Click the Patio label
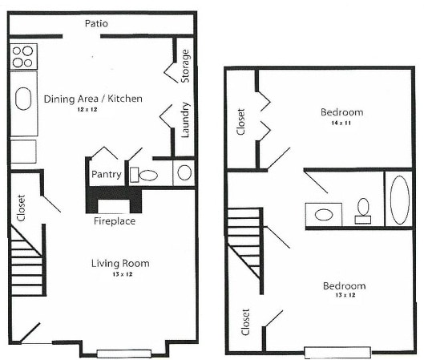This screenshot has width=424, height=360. (x=96, y=23)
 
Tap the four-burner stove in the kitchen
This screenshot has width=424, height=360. (x=22, y=55)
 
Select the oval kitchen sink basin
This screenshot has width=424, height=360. (x=22, y=100)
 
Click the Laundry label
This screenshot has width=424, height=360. (x=185, y=119)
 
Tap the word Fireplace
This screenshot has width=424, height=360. (x=114, y=220)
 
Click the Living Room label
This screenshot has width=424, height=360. (x=120, y=263)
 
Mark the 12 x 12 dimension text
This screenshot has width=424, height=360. (x=93, y=109)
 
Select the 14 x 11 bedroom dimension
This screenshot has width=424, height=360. (x=341, y=123)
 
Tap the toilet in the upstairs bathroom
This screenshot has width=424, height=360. (x=363, y=210)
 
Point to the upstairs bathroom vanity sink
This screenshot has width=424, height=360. (x=325, y=214)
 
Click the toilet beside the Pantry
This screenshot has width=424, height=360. (x=147, y=174)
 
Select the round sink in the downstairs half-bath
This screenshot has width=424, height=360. (x=184, y=172)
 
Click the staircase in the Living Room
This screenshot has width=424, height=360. (x=26, y=261)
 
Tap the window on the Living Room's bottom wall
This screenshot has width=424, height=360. (x=123, y=353)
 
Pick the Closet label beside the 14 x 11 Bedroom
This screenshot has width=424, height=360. (x=241, y=121)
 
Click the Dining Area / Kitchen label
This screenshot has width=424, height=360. (x=93, y=99)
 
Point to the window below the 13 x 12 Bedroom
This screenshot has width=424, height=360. (x=337, y=351)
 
